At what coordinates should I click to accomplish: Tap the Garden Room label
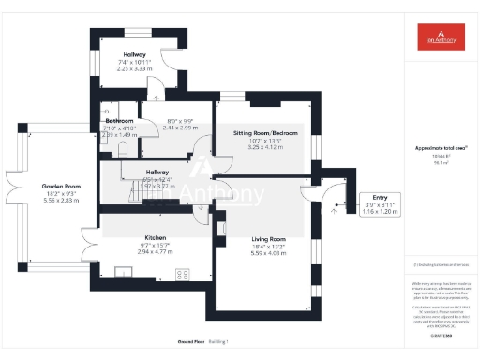point(61,187)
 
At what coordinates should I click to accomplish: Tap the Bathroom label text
point(119,121)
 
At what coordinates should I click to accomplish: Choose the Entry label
point(380,198)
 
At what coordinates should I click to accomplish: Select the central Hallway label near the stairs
point(131,172)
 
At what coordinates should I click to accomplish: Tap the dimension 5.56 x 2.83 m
point(61,200)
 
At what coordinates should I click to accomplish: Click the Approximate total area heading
point(442,148)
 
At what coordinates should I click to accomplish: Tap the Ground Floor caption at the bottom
point(191,342)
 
